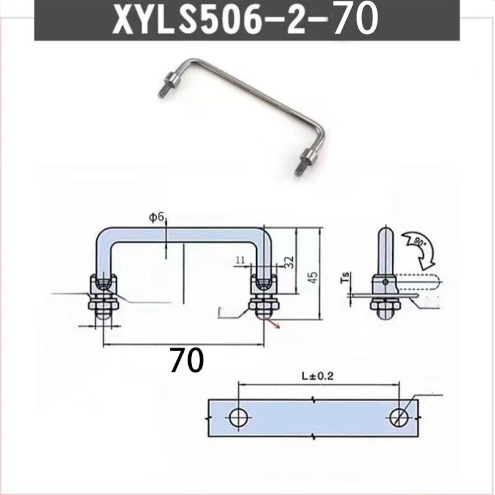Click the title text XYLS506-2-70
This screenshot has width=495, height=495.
click(x=245, y=20)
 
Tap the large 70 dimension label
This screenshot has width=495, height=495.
click(x=187, y=360)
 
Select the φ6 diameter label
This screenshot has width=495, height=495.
click(x=157, y=218)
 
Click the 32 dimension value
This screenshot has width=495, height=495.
click(x=288, y=262)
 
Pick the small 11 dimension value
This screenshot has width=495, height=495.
click(x=240, y=260)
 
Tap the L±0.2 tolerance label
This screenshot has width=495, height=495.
click(x=317, y=376)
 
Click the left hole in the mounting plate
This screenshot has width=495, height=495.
click(x=238, y=417)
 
